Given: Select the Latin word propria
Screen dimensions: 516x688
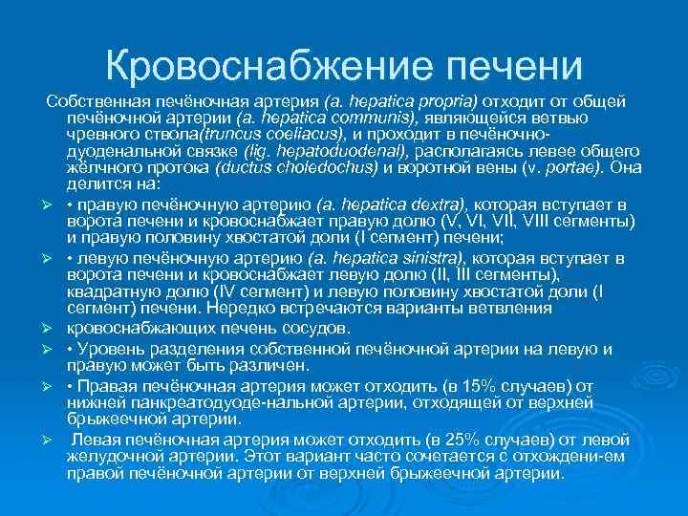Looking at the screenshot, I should point(447,100).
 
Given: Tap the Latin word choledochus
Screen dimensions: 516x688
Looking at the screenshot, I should point(333,167).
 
